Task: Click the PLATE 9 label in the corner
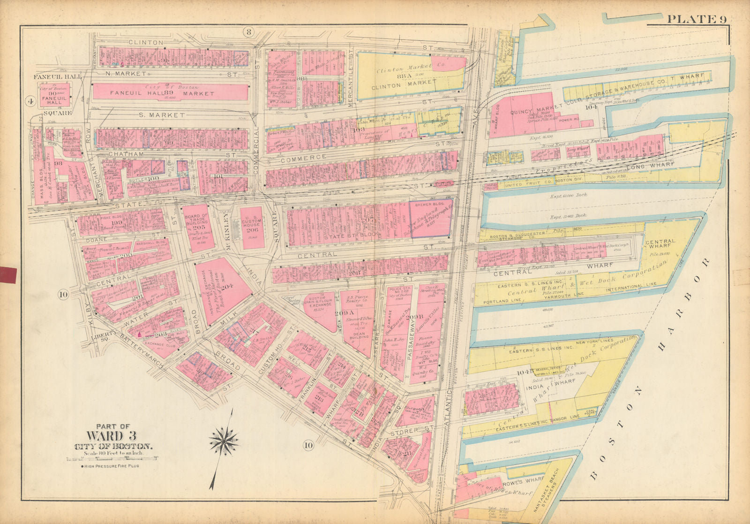tap(697, 19)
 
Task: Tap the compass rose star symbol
tap(224, 440)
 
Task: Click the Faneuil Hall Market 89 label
tap(170, 93)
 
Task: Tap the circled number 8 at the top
tap(248, 32)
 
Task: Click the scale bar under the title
tap(113, 460)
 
